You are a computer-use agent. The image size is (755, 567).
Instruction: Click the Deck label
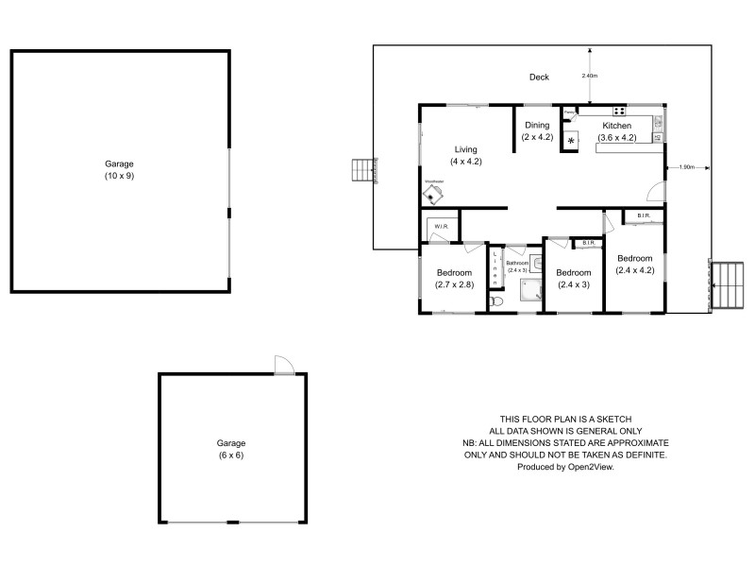click(539, 77)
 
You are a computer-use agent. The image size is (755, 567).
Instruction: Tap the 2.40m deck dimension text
click(589, 76)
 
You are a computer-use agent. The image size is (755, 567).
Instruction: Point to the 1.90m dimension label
click(686, 167)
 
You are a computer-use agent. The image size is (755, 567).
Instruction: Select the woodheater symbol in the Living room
click(434, 193)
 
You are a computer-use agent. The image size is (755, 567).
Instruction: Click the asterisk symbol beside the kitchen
click(571, 141)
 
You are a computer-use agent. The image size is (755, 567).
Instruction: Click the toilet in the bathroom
click(497, 301)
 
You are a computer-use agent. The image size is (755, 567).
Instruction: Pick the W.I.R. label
click(441, 227)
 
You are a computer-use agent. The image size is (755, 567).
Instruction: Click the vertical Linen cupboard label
click(495, 268)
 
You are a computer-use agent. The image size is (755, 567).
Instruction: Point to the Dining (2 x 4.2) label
click(537, 131)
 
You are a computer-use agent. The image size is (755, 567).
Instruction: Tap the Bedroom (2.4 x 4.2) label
click(634, 264)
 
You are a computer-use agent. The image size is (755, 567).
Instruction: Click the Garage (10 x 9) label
click(119, 170)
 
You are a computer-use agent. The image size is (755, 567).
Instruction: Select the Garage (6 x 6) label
click(231, 449)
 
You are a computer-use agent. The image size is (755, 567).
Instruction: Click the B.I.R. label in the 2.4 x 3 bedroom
click(587, 244)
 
